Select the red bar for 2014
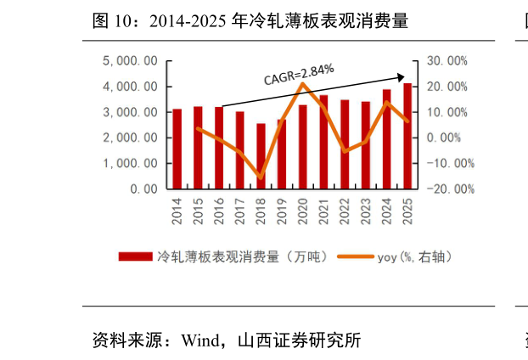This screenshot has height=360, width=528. pos(177,149)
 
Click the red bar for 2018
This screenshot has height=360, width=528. pos(261,156)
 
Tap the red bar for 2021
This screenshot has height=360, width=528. pos(323,142)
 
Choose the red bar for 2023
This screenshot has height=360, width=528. pos(365,145)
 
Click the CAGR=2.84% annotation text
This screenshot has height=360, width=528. pos(299,74)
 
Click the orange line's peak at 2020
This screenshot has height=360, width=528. pos(303,83)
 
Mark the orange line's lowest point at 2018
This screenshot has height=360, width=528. pos(261,177)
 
